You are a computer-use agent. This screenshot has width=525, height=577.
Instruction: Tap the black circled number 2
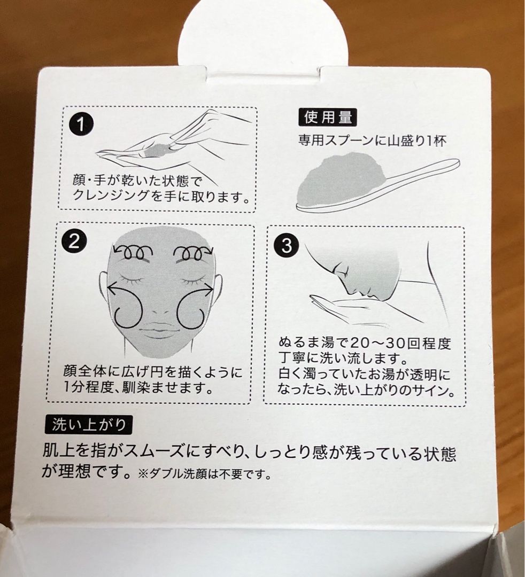[74, 242]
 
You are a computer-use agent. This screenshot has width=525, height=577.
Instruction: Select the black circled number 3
[287, 245]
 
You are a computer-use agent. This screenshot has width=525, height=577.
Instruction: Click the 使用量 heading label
[327, 118]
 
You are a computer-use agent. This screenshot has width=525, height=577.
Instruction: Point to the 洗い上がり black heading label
[88, 425]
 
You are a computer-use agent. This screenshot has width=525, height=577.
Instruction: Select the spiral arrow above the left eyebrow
[133, 252]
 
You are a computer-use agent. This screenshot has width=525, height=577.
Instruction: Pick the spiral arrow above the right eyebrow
[194, 252]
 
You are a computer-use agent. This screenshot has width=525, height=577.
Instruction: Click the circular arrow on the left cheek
[125, 305]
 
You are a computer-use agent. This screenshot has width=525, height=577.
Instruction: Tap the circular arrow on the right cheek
[195, 305]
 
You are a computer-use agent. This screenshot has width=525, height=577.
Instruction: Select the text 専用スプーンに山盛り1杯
[372, 141]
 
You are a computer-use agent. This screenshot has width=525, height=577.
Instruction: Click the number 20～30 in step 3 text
[376, 344]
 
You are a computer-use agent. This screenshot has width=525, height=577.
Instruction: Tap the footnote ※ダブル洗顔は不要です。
[205, 474]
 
